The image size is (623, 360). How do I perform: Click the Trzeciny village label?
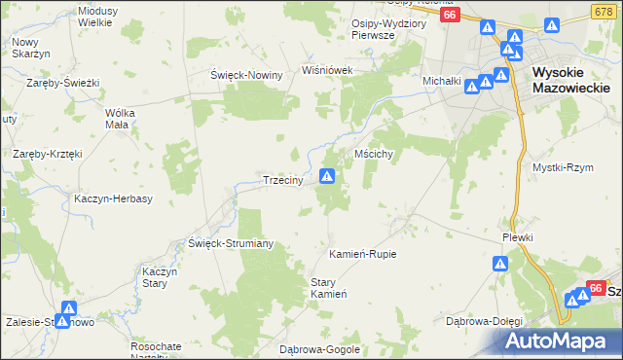click(286, 180)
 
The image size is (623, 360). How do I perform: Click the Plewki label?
click(519, 236)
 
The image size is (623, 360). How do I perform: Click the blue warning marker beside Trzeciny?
click(328, 176)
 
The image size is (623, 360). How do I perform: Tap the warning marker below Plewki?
click(499, 263)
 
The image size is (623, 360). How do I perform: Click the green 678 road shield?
click(601, 10)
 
